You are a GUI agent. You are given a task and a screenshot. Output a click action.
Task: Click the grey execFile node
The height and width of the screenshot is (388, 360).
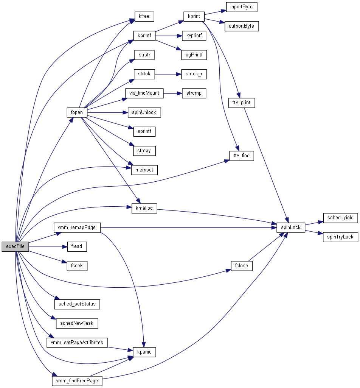15,246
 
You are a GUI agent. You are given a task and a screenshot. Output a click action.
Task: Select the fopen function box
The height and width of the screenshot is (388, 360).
77,112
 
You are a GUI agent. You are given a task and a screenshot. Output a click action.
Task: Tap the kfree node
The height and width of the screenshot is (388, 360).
144,17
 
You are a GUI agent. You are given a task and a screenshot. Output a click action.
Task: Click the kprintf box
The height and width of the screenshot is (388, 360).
144,36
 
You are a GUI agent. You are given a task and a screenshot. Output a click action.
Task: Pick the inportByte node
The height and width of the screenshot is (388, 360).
242,7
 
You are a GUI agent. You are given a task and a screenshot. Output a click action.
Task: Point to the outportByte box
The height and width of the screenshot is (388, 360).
242,26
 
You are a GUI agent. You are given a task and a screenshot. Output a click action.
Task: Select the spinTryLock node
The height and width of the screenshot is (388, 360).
340,237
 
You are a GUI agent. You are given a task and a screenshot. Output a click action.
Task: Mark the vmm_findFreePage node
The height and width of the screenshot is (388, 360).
77,380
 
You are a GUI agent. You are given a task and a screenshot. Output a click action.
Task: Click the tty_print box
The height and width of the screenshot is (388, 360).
242,103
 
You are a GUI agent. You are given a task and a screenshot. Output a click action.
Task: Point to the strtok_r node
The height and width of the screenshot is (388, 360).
194,74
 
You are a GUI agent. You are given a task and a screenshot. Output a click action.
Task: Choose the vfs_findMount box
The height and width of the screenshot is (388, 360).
144,93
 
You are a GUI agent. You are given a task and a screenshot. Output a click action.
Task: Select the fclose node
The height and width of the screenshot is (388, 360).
242,265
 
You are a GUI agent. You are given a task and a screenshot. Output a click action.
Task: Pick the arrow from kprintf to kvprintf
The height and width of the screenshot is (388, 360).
169,36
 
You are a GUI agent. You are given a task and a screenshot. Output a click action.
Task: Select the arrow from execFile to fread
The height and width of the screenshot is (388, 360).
48,246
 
